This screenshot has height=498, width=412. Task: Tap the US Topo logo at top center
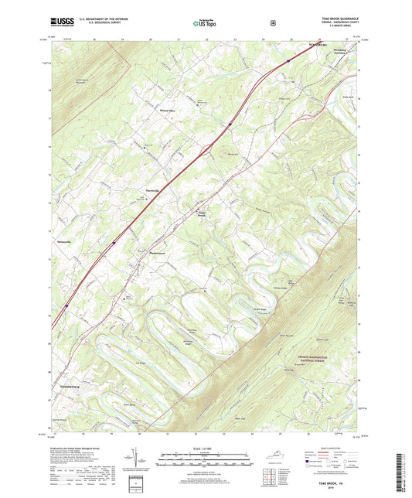click(205, 23)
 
